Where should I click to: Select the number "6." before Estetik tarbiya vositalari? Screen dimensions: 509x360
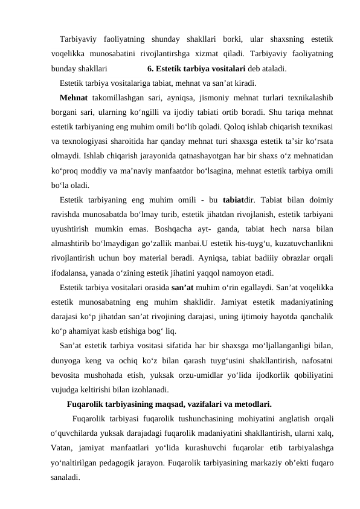click(x=152, y=68)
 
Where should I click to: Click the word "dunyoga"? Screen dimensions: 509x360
click(x=68, y=361)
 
